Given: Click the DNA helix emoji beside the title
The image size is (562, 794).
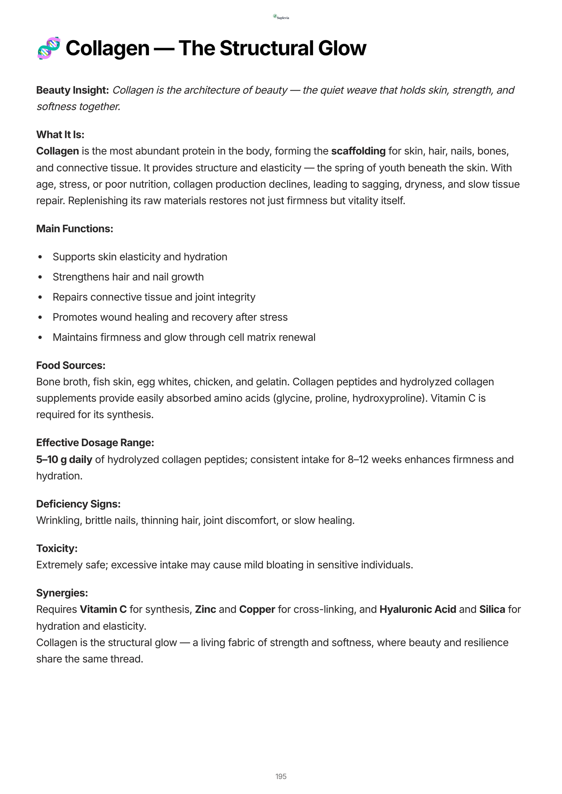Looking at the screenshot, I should [49, 48].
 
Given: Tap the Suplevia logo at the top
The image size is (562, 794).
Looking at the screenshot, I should [281, 17].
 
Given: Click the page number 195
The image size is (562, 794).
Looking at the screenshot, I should [281, 776].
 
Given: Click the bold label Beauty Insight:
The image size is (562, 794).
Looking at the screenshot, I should [73, 90].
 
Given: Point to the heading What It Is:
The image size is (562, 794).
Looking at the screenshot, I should [60, 134].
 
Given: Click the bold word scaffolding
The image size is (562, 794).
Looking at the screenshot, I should [358, 151].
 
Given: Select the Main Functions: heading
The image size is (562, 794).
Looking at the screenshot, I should [75, 229].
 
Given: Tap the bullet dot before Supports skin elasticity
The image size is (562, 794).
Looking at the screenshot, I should [40, 257].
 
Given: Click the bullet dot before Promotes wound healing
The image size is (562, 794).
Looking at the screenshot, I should [40, 317].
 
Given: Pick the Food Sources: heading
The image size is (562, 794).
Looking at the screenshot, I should [71, 366].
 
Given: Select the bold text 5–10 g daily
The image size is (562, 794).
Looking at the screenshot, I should [64, 459].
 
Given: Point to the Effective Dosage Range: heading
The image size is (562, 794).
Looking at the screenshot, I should [95, 443].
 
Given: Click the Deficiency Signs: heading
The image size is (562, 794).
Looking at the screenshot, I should [78, 504].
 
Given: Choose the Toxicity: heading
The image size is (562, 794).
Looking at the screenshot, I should [57, 548].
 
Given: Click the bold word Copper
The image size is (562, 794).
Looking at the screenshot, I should [257, 609].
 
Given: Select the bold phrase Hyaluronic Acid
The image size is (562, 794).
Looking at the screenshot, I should [417, 609].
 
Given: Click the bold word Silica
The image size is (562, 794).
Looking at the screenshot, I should [492, 609].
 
